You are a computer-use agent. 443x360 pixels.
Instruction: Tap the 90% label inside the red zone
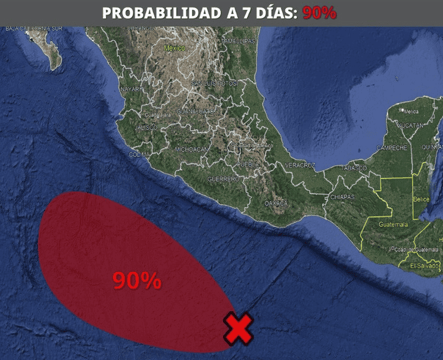pos(137,280)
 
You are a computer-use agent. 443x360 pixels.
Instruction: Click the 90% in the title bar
pos(319,13)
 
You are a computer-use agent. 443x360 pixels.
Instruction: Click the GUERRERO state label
pos(222,179)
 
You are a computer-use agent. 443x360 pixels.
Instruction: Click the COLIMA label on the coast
pos(139,155)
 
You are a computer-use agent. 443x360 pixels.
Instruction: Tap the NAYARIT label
pos(131,89)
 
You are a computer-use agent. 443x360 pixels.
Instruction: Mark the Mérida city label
pos(411,111)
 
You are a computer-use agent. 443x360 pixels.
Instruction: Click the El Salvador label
pos(424,266)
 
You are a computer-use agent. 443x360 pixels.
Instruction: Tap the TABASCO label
pos(355,168)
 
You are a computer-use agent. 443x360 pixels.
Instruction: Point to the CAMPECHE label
pos(391,148)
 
